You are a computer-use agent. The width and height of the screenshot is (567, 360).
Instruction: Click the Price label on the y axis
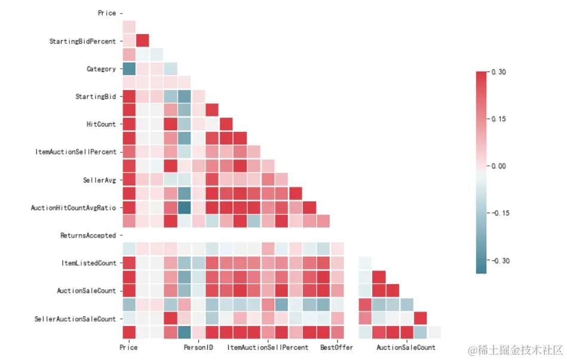106,13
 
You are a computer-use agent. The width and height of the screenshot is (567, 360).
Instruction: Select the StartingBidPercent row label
82,41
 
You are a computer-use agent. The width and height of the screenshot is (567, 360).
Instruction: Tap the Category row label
101,69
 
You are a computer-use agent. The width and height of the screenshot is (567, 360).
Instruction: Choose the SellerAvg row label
99,180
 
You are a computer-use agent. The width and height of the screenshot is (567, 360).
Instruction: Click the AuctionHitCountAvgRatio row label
73,208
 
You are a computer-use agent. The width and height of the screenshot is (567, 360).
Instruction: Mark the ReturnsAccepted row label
88,236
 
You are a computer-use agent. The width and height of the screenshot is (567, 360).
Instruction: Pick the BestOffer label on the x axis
336,347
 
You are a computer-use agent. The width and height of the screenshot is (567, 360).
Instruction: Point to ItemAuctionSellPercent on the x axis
268,347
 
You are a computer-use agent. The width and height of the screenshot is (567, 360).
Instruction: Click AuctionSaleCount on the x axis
406,347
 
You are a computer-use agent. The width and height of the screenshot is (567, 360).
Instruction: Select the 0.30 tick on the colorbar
498,72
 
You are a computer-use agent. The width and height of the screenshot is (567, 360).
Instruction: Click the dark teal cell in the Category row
128,69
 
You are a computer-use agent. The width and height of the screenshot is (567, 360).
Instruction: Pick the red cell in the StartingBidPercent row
143,41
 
